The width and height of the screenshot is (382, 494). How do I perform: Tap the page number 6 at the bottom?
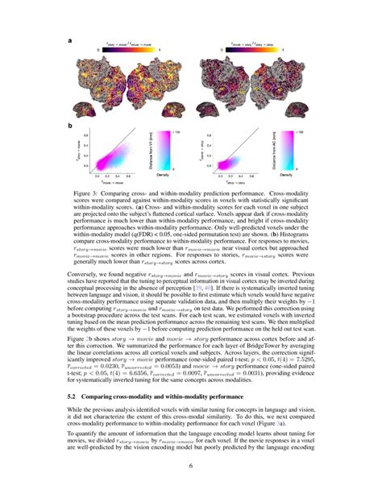pos(190,466)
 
